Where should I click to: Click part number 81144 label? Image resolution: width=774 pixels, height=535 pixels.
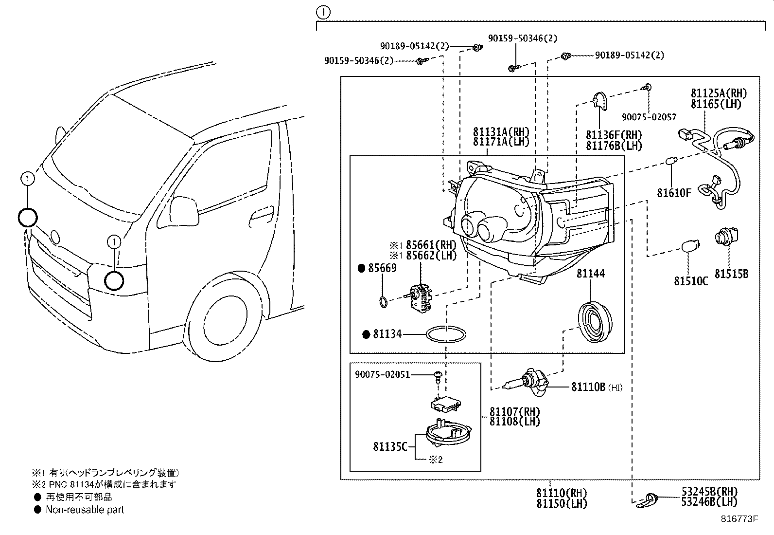pos(591,274)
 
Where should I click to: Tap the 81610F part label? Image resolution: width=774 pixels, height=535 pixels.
pos(674,193)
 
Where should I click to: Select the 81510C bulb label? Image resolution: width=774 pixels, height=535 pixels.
pos(691,281)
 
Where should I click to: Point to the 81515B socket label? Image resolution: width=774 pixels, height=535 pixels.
pos(731,274)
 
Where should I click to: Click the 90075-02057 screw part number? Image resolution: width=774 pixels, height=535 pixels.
pos(649,117)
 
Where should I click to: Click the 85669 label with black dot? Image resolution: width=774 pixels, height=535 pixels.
pos(382,268)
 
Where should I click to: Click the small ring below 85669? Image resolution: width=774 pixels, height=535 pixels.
pos(383,302)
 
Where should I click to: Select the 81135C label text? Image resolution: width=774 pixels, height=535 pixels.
pos(390,446)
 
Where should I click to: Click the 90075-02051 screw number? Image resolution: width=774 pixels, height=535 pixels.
pos(382,374)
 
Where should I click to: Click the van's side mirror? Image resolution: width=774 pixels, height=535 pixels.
pos(184,208)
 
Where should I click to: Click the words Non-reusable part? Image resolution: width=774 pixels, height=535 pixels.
pos(85,510)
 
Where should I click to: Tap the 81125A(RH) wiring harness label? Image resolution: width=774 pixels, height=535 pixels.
pos(719,93)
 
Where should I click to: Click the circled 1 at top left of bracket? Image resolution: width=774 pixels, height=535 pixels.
pos(323,12)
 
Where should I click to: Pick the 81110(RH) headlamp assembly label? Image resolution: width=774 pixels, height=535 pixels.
pos(562,493)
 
